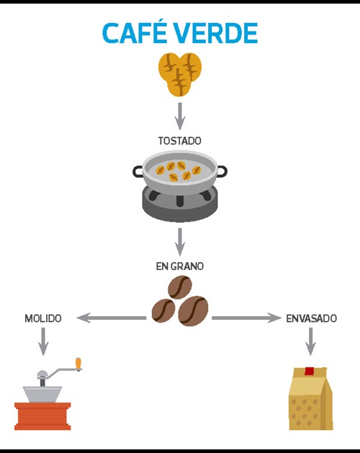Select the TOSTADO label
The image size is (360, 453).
(179, 140)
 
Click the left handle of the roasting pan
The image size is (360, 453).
(139, 172)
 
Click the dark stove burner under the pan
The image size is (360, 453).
(179, 205)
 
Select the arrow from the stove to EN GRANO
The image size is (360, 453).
(180, 241)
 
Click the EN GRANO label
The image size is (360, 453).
(179, 266)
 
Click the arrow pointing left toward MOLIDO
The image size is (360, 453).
(112, 318)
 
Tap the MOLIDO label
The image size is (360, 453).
(43, 318)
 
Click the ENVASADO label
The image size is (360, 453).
(311, 318)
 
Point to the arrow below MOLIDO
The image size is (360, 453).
(43, 341)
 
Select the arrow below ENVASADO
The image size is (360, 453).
(310, 341)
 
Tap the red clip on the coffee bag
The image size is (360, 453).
(310, 372)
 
